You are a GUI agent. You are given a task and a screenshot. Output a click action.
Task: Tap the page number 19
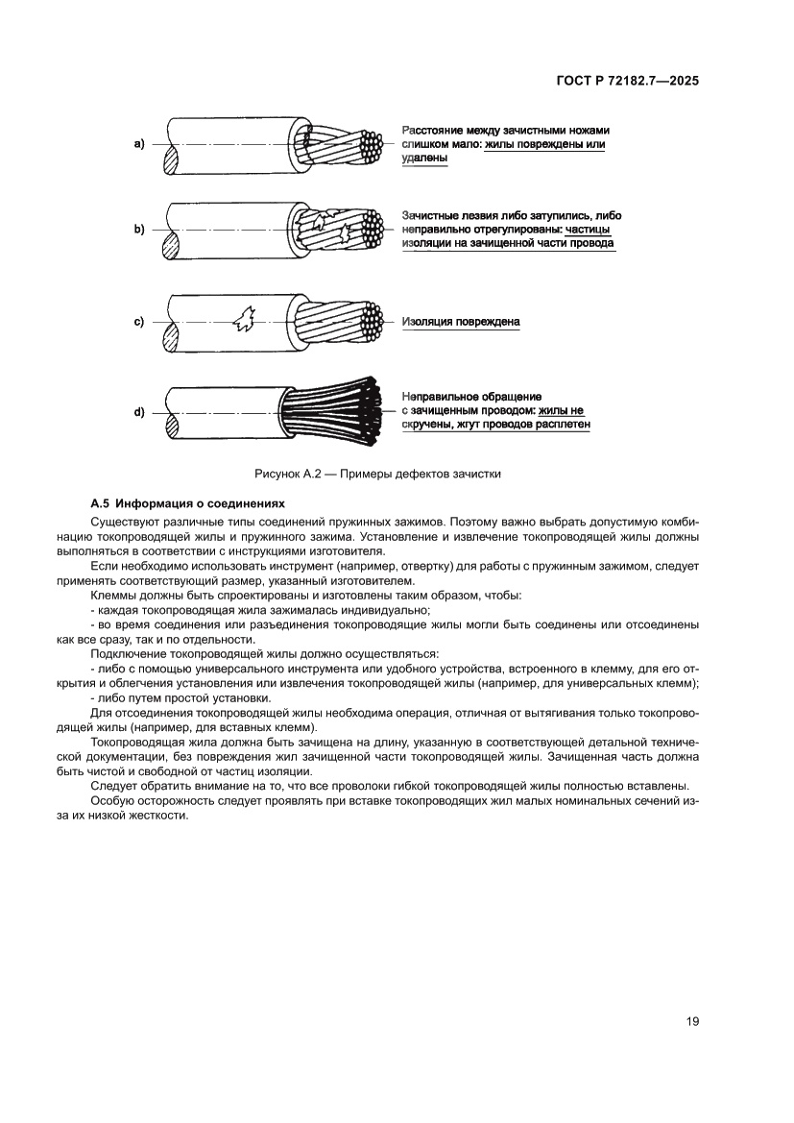(692, 1021)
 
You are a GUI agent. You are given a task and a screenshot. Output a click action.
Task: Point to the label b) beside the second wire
(138, 230)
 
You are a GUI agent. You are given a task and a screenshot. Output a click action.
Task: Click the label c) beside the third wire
(138, 322)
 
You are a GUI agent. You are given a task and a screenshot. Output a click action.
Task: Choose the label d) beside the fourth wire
(138, 412)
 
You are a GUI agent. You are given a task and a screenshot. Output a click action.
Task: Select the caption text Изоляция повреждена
(461, 322)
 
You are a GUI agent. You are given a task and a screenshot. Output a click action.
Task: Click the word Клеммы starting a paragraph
(112, 597)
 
